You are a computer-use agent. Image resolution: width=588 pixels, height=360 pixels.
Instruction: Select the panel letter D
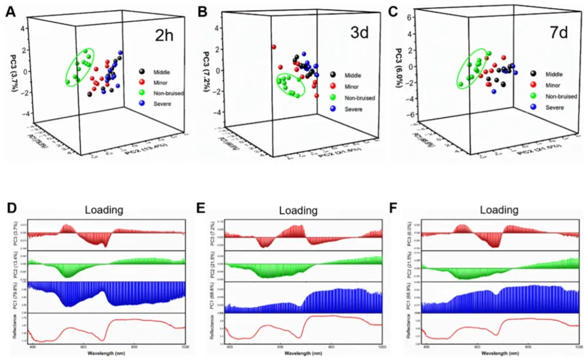point(10,209)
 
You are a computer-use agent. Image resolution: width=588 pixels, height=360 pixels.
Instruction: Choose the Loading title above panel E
point(298,210)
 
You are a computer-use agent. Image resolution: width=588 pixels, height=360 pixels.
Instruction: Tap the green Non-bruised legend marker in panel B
point(333,97)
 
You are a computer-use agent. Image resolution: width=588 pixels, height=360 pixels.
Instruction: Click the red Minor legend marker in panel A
point(142,82)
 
